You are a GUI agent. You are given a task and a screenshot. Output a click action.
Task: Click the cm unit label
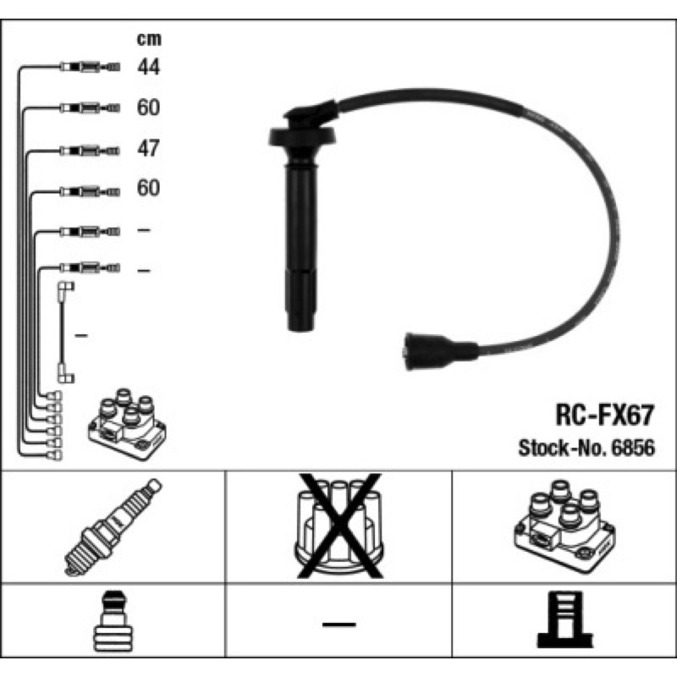(149, 39)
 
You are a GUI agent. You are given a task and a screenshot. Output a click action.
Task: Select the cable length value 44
(149, 67)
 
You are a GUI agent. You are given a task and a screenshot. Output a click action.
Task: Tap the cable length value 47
(149, 148)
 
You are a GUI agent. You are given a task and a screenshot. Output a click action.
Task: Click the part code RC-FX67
(604, 415)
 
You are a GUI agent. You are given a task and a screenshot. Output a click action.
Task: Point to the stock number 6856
(633, 448)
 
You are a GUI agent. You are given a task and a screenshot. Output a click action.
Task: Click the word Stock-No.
(563, 448)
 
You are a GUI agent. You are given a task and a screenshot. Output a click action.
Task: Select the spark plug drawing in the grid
(113, 527)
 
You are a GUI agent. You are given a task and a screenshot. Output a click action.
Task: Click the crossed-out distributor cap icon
(339, 526)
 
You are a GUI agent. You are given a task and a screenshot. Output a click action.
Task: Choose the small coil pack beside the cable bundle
(128, 424)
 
